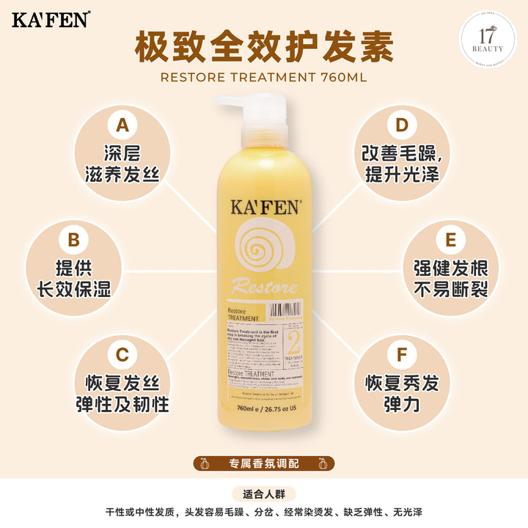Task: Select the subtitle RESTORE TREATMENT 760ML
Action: click(264, 77)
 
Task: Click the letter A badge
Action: click(122, 125)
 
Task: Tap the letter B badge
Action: click(73, 241)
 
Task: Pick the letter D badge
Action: click(401, 125)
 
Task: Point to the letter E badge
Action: click(450, 241)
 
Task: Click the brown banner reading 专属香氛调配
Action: click(264, 463)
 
